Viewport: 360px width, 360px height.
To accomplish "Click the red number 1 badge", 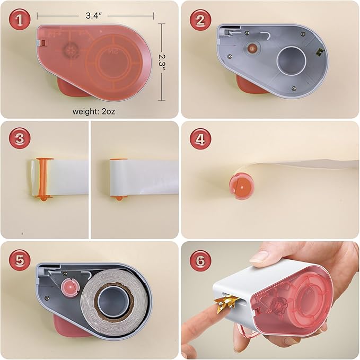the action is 20,20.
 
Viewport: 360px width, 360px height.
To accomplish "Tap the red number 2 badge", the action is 200,20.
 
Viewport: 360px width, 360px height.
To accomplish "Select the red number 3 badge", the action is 20,138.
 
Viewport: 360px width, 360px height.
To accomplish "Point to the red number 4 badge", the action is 200,139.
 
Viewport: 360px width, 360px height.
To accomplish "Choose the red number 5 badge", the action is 20,260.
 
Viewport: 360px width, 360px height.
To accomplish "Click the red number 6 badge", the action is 200,260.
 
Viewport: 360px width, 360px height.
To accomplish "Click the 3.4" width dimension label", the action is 94,15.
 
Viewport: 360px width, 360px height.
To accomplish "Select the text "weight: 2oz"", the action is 94,111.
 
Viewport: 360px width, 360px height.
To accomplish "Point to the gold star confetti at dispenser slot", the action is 225,303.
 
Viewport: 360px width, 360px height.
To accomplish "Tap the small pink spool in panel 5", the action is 71,287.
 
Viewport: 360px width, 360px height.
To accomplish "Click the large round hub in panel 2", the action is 292,60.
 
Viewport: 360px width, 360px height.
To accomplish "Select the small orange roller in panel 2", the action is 252,48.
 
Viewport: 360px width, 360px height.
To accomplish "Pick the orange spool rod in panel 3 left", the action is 43,178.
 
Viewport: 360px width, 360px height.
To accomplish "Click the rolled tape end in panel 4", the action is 242,185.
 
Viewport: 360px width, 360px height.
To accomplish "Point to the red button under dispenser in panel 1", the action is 70,87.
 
